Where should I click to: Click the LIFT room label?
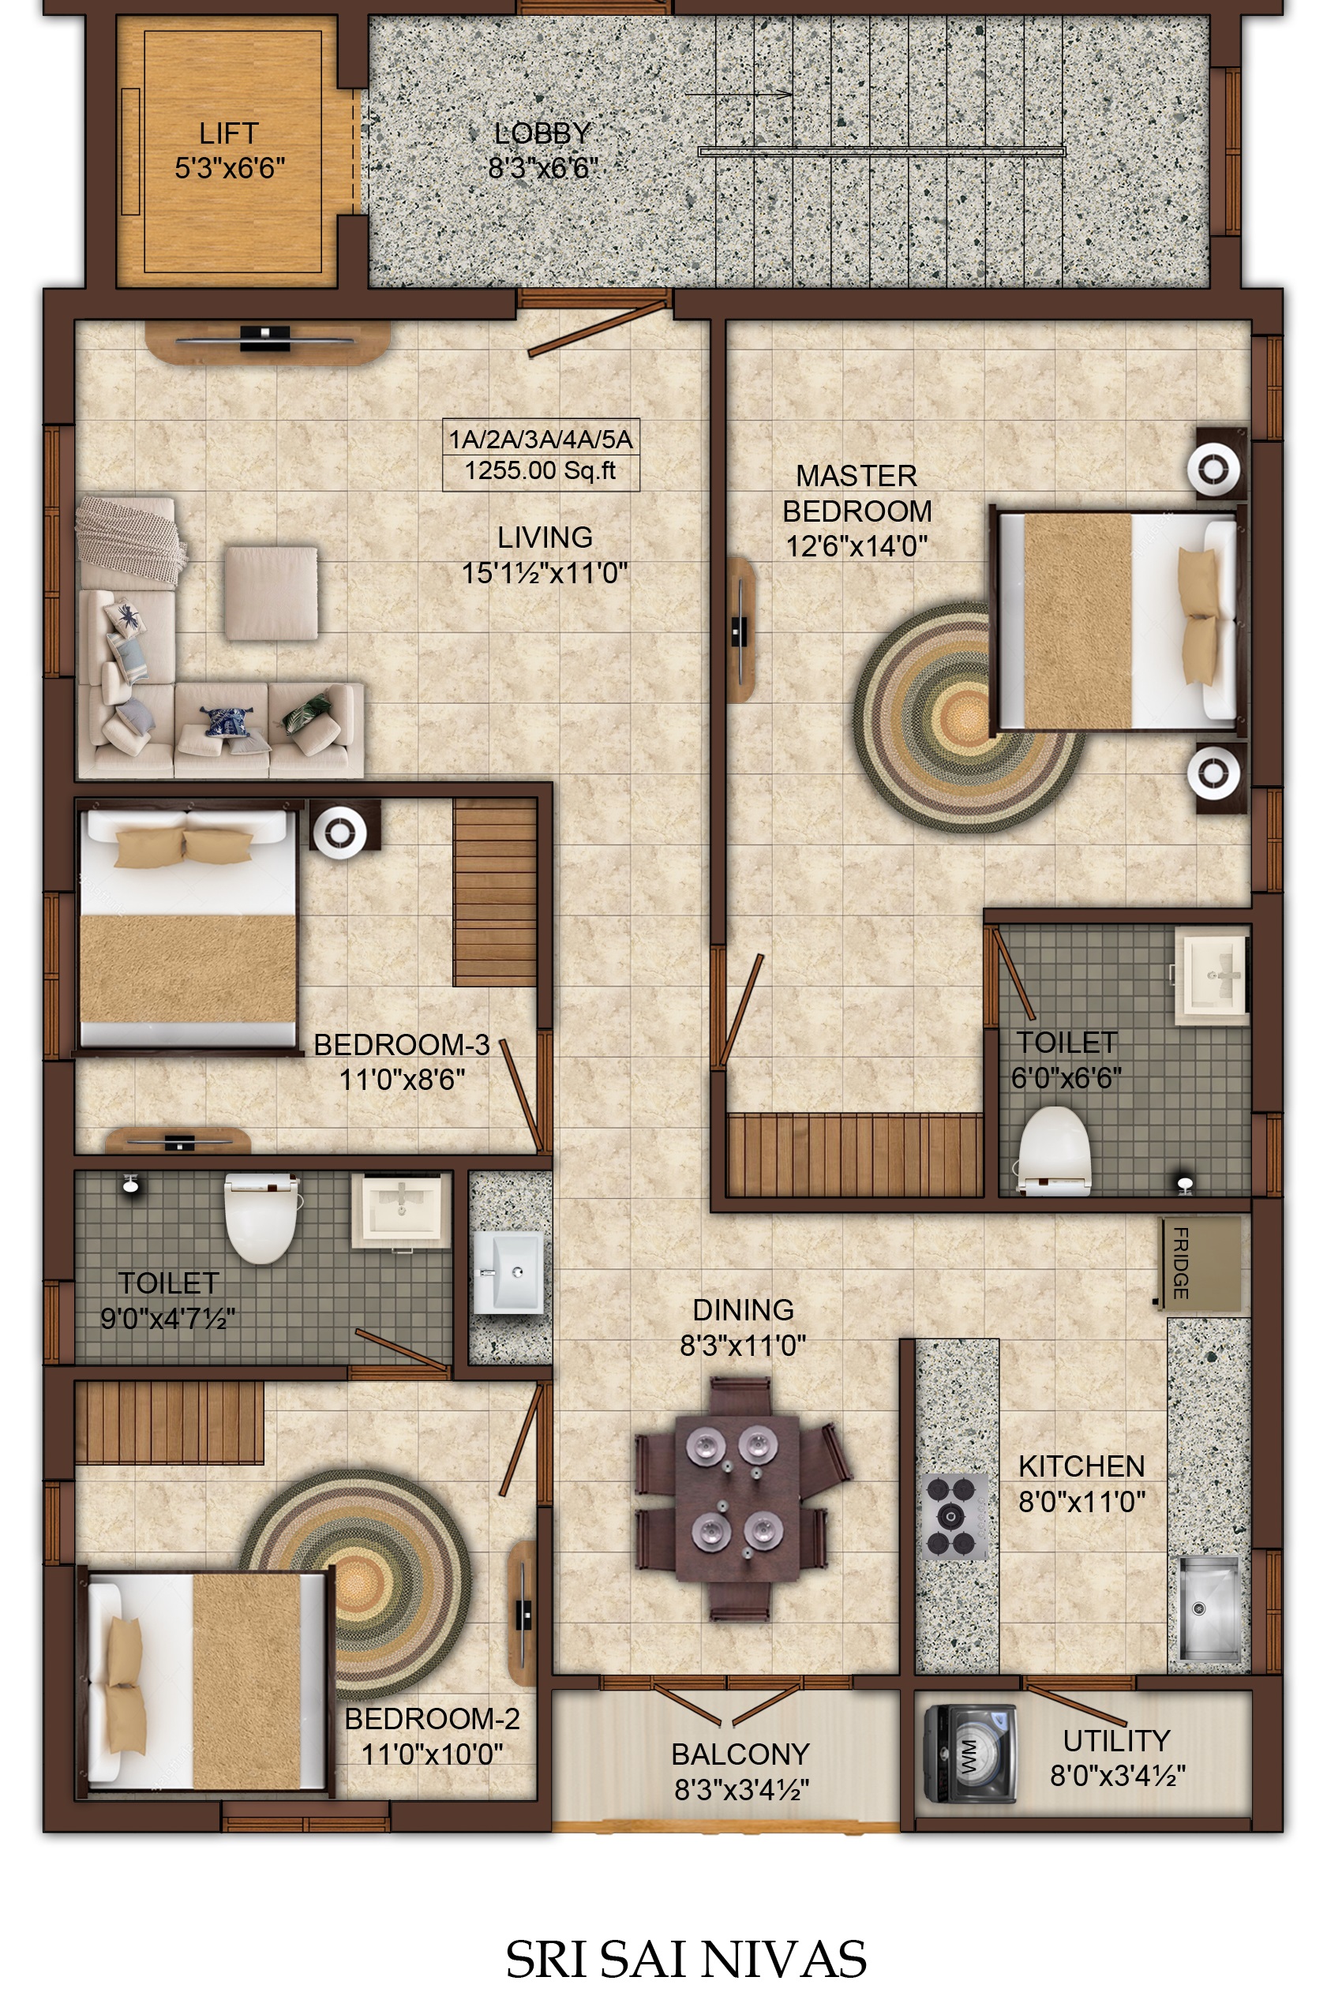pos(228,133)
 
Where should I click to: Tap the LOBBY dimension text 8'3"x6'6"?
pos(542,168)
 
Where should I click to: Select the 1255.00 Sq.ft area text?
pos(541,470)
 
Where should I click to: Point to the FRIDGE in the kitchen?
pos(1200,1264)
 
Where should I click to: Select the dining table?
pos(737,1498)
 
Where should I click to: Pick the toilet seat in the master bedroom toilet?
pos(1054,1150)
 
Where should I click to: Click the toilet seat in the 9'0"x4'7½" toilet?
pos(261,1218)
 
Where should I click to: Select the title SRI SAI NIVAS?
pos(686,1958)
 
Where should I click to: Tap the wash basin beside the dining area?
pos(508,1271)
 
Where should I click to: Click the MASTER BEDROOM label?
pos(857,493)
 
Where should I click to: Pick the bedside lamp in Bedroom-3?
pos(341,833)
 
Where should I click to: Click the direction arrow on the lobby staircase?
pos(739,94)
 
